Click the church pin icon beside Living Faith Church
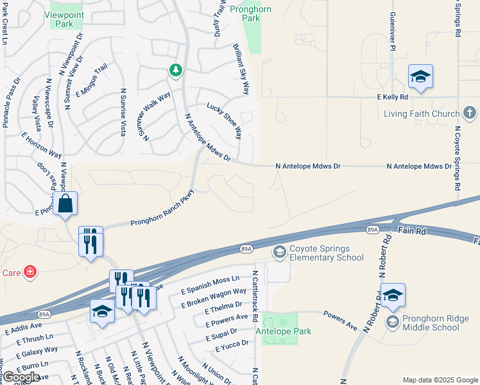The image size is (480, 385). pos(470,114)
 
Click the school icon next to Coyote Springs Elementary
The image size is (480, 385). pos(279,252)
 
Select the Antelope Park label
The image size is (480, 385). pos(283,331)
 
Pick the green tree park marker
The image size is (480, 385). pos(175,70)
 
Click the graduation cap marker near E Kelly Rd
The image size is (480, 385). pos(420,78)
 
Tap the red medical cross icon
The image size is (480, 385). pos(30,272)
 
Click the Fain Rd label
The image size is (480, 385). pos(412,230)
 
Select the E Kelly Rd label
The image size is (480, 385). pos(392,97)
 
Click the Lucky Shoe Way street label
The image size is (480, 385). pos(224,121)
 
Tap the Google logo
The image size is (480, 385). pos(21,377)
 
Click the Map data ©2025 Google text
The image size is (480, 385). pos(440,380)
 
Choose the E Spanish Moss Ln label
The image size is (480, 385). pos(210,284)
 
